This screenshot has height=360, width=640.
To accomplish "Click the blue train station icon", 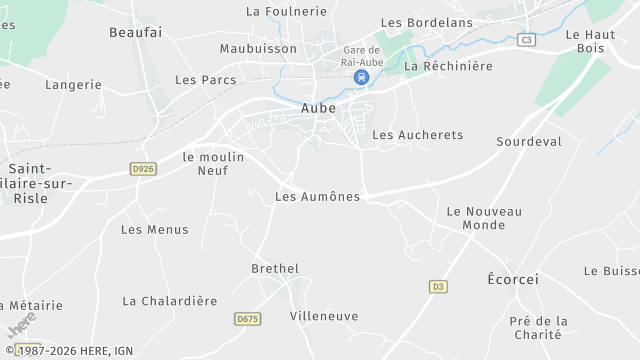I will [360, 76].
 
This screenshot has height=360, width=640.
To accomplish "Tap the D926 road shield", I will [143, 169].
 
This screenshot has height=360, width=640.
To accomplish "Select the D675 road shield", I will [247, 319].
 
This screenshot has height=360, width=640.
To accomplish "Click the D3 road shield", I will [438, 287].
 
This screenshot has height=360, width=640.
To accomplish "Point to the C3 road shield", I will [526, 40].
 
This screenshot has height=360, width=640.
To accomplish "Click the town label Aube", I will [318, 108].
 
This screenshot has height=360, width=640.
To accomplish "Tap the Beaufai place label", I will [135, 33].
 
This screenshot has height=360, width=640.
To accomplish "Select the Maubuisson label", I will [259, 48].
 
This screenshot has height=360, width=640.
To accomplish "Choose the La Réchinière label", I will [448, 66].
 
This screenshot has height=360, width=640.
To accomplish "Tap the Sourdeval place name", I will [529, 142].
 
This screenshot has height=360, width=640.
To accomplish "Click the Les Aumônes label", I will [317, 197].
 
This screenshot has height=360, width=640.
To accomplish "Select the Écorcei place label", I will [512, 279].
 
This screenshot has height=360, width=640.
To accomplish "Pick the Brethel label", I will [275, 269].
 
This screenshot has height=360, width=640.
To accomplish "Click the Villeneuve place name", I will [323, 316].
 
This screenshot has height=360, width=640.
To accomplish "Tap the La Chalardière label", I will [169, 301].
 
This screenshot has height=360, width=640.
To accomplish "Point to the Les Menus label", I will [154, 230].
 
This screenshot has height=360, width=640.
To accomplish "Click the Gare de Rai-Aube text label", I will [361, 56].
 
